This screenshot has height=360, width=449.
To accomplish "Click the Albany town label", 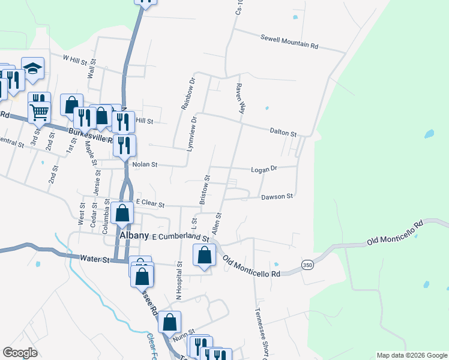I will point(134,236).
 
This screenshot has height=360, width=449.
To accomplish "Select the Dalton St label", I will point(283,133).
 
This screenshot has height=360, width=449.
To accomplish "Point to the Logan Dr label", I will point(265,169).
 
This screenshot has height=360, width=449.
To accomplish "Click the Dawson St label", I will point(277,196).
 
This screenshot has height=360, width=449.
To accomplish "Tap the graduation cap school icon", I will point(32,69).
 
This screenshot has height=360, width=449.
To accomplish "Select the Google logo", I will point(20,353).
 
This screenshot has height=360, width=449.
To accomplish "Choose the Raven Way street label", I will point(241,99).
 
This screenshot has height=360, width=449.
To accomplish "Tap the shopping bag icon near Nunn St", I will point(170,322).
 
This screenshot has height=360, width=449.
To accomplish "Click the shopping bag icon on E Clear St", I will point(122,214).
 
